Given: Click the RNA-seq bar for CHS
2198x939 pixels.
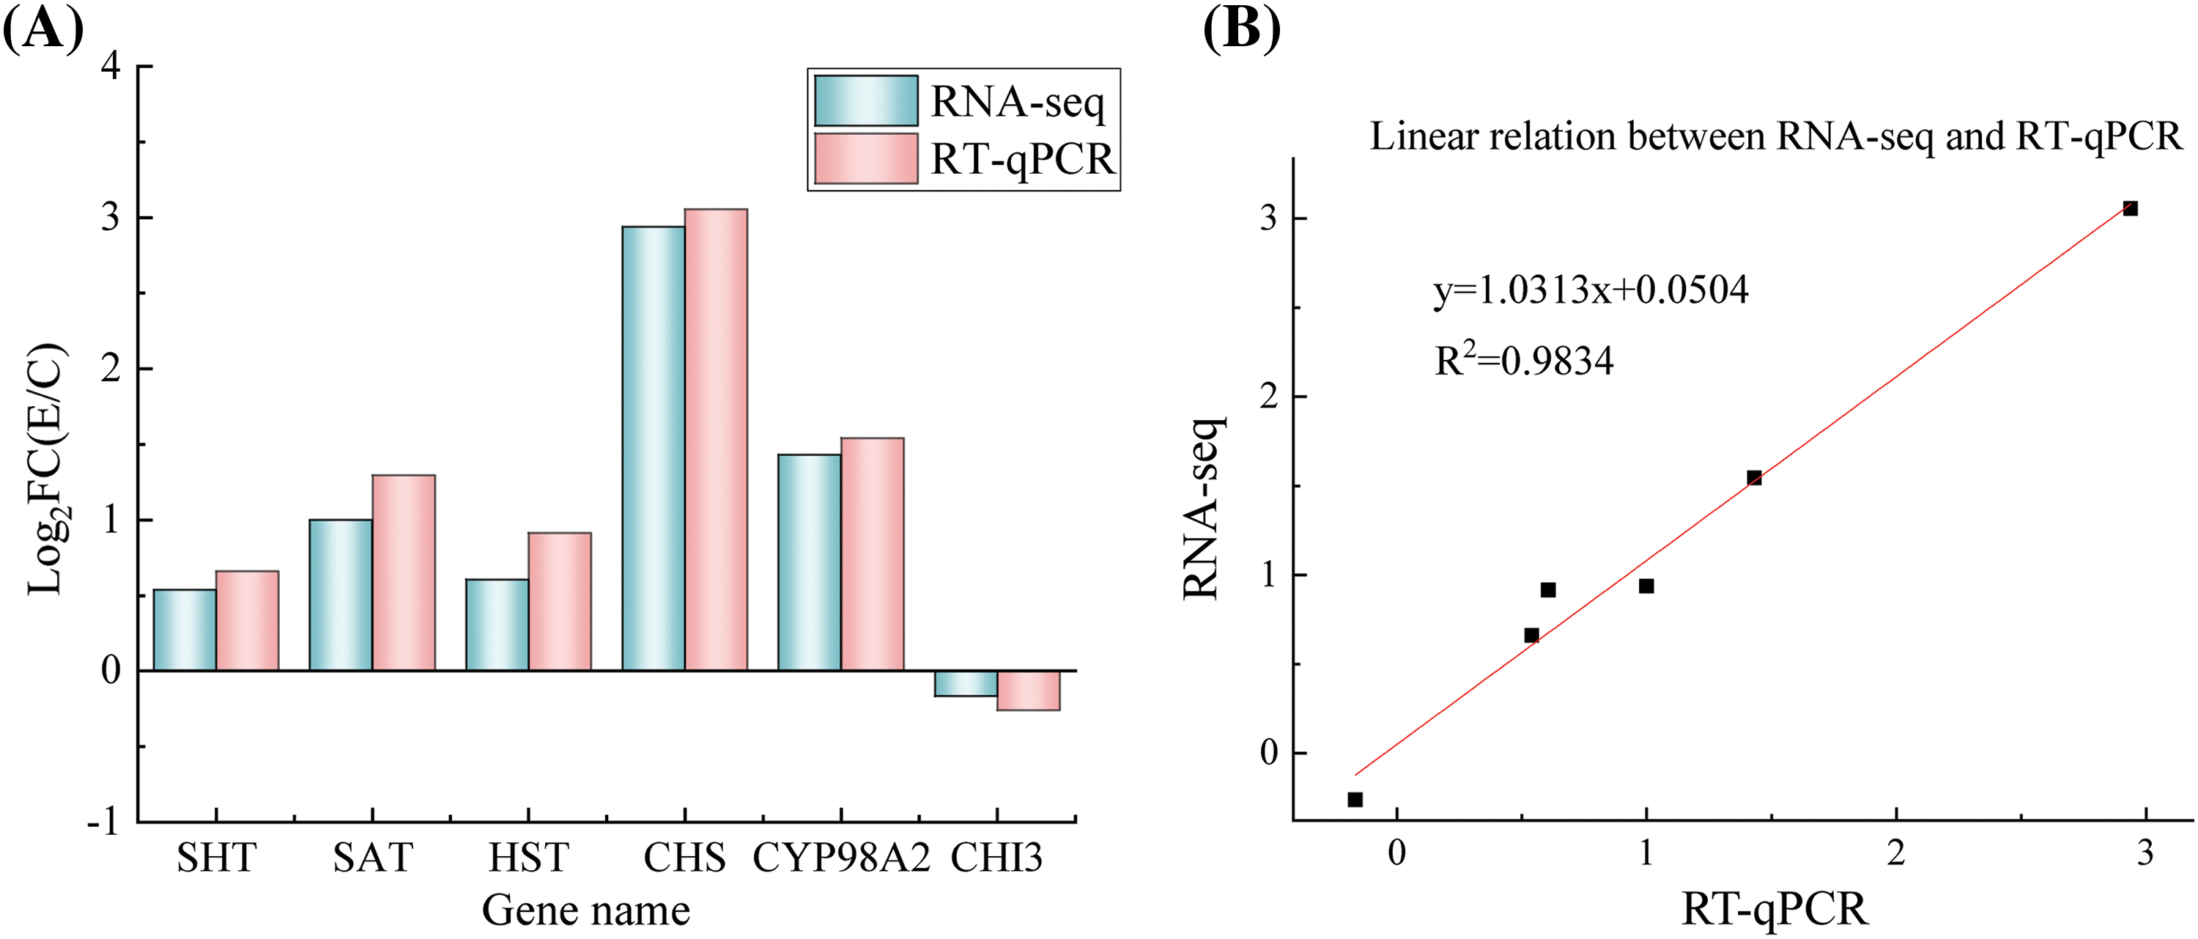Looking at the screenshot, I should (653, 448).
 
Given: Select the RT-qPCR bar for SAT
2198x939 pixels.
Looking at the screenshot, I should (404, 572).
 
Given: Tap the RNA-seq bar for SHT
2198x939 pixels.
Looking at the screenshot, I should (185, 630).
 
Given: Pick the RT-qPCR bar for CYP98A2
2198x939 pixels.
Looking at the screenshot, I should (872, 554).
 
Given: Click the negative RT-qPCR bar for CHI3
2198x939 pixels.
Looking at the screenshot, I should (1028, 691).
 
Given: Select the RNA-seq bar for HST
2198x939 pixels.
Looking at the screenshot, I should (497, 625).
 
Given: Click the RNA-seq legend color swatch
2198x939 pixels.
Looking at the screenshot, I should (865, 100).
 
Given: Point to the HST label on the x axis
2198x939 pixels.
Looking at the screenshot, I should (528, 858).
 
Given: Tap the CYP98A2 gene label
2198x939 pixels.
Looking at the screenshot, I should (840, 858).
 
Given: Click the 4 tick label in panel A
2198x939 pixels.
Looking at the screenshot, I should (111, 67).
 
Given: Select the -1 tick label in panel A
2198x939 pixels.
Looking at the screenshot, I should (103, 822).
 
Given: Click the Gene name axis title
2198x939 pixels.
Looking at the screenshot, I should (585, 910).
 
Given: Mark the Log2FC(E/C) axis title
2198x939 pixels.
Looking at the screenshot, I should (46, 469).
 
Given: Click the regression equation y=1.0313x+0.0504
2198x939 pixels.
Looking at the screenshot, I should (1591, 290).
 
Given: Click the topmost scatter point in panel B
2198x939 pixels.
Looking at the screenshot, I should (2130, 208).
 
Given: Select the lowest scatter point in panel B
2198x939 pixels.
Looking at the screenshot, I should (1355, 799).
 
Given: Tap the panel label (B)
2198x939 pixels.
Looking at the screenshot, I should (1241, 30).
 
